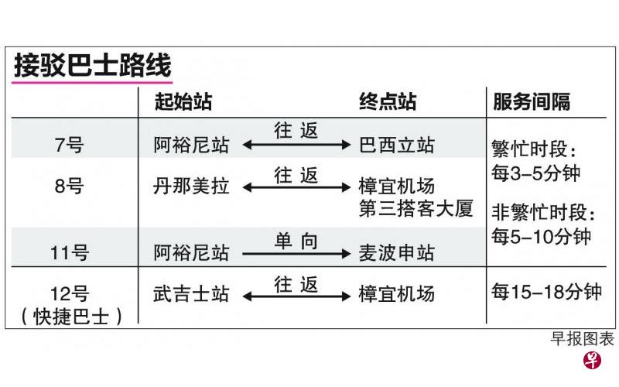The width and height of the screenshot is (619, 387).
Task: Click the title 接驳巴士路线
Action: [x=93, y=65]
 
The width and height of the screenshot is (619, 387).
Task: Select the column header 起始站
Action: [x=183, y=101]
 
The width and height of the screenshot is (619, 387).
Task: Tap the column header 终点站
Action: [x=388, y=101]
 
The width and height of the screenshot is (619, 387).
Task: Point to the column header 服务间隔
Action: [x=532, y=101]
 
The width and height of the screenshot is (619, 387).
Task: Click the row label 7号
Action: [x=69, y=145]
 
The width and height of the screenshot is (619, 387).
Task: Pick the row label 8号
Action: [x=69, y=186]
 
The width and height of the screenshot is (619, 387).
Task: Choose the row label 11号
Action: [x=70, y=253]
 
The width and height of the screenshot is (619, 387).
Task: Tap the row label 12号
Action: [x=70, y=294]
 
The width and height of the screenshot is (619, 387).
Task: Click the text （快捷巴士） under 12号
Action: [x=71, y=317]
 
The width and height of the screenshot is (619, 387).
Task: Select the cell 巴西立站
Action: [x=396, y=145]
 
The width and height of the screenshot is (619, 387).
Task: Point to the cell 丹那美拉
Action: [x=191, y=186]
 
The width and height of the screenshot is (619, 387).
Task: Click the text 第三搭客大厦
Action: [x=416, y=209]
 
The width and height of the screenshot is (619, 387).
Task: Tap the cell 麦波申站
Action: [x=396, y=253]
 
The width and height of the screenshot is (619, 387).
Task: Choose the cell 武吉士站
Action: [x=191, y=294]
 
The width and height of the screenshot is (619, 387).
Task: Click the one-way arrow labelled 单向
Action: [x=296, y=254]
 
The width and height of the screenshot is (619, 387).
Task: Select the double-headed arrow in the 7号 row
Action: [x=296, y=145]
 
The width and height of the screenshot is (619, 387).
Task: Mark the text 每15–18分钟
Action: [x=546, y=292]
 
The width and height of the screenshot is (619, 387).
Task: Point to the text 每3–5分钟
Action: [x=535, y=173]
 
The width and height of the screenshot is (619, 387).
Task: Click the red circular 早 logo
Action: [x=592, y=360]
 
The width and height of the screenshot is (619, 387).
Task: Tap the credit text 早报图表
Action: [x=583, y=339]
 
